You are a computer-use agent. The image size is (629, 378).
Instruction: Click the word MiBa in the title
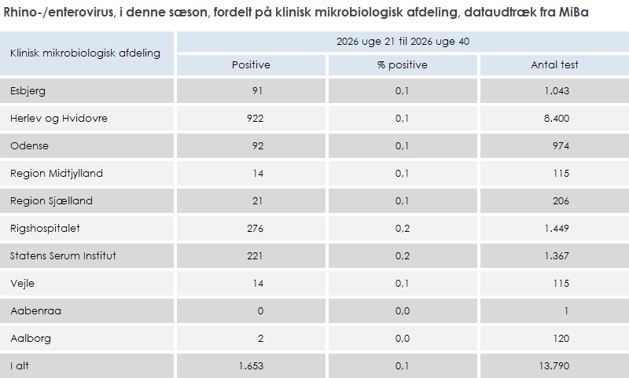pos(574,12)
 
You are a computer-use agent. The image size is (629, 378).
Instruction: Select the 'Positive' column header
pos(251,65)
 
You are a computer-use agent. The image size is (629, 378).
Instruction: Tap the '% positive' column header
pos(403,65)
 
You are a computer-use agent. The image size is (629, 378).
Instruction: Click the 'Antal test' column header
pos(555,65)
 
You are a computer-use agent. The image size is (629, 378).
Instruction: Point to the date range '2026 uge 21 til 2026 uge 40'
pos(403,42)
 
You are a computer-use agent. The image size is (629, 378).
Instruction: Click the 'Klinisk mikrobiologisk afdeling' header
pos(85,53)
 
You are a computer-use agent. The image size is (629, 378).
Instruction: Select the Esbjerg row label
pos(28,91)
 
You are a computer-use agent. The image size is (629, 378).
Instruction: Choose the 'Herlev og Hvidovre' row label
pos(59,118)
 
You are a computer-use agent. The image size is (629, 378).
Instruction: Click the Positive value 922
pos(255,118)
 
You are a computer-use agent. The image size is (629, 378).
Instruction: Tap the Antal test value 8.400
pos(557,118)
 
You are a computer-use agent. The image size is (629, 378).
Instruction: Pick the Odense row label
pos(29,145)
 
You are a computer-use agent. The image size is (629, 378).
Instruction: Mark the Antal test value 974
pos(561,145)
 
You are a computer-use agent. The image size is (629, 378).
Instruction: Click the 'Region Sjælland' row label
pos(51,201)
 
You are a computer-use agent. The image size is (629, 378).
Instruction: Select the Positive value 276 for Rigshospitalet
pos(255,228)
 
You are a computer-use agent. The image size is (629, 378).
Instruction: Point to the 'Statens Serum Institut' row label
pos(63,255)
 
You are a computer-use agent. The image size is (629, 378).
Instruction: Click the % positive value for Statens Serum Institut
pos(403,255)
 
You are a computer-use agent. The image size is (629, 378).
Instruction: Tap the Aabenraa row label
pos(35,310)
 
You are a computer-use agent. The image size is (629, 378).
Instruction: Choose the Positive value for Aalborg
pos(261,339)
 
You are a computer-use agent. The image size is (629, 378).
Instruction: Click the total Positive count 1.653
pos(251,366)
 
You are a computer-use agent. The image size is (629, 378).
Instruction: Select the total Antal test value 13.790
pos(554,366)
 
